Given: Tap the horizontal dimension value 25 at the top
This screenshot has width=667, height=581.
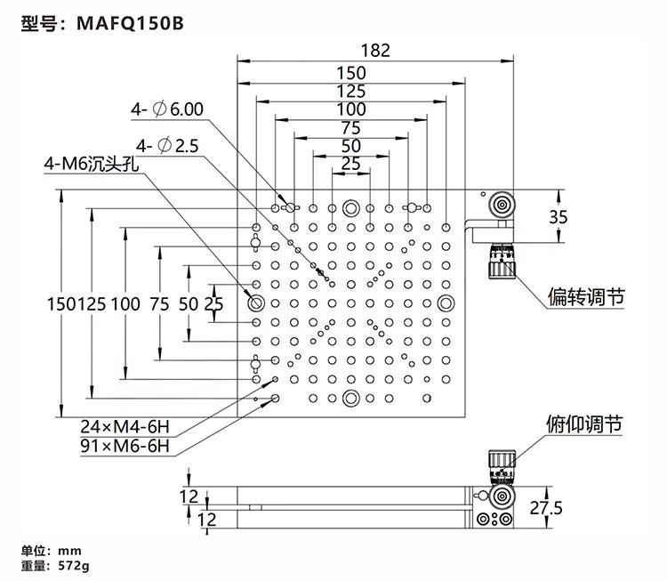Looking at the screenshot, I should coord(351,163).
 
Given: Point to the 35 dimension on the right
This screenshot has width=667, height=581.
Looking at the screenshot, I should coord(559,216).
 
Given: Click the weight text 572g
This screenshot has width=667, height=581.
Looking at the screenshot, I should coord(76,564).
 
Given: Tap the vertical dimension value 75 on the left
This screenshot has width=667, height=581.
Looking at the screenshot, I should coord(159,303).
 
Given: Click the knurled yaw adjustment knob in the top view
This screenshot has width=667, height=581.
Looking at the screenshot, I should coord(502,264).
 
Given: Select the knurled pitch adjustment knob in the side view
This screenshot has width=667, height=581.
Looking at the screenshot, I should coord(500,465).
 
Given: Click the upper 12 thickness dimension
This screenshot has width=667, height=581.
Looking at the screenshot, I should coord(189,496).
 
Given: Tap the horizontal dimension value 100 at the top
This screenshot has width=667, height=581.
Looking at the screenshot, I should coord(351,109).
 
